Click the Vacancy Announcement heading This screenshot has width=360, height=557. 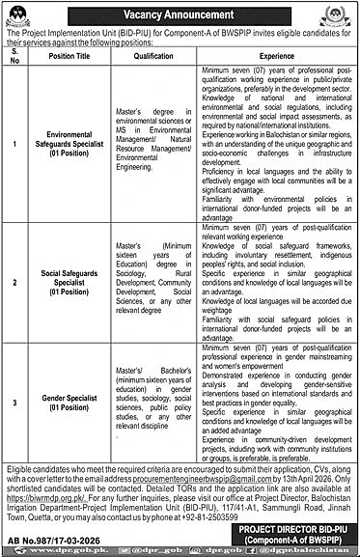click(180, 14)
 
